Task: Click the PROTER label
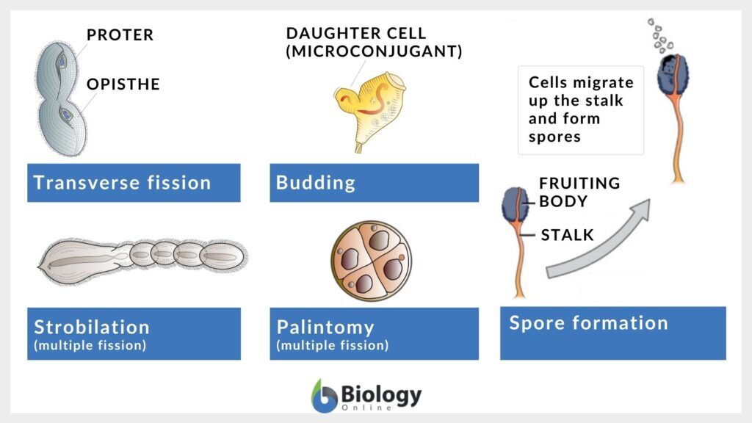tap(120, 35)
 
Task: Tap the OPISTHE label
tap(123, 84)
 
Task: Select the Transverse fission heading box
tap(134, 183)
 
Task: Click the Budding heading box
tap(374, 183)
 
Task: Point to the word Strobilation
tap(92, 327)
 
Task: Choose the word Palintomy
tap(325, 328)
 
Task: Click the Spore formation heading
tap(588, 323)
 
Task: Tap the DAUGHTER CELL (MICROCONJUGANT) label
tap(374, 42)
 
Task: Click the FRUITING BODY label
tap(579, 192)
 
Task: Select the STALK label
tap(568, 235)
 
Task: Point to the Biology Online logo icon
tap(324, 396)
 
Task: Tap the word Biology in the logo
tap(381, 394)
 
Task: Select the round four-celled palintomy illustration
tap(371, 261)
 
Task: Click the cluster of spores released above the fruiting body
tap(660, 36)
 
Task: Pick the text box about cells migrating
tap(581, 110)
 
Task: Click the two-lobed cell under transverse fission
tap(62, 99)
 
